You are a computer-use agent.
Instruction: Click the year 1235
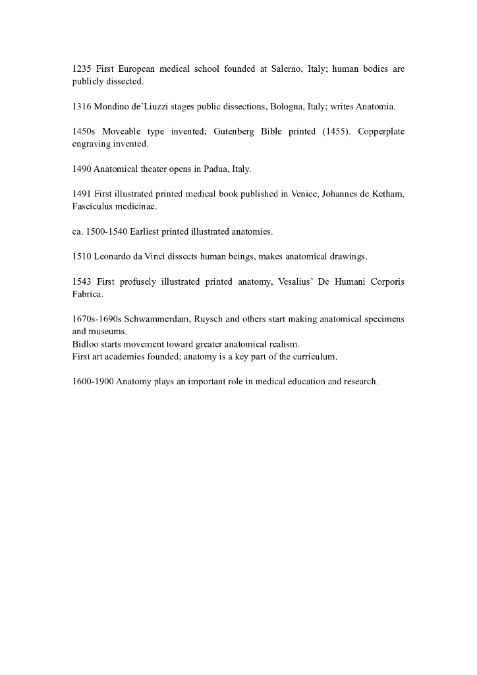coord(82,69)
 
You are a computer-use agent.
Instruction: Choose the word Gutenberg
coord(233,131)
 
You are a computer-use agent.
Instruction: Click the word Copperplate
coord(381,131)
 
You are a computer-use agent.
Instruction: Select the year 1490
coord(82,169)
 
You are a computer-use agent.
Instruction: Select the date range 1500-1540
coord(107,231)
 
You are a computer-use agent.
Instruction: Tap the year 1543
coord(82,281)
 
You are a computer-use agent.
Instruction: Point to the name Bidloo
coord(84,344)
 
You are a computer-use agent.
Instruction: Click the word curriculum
coord(315,357)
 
